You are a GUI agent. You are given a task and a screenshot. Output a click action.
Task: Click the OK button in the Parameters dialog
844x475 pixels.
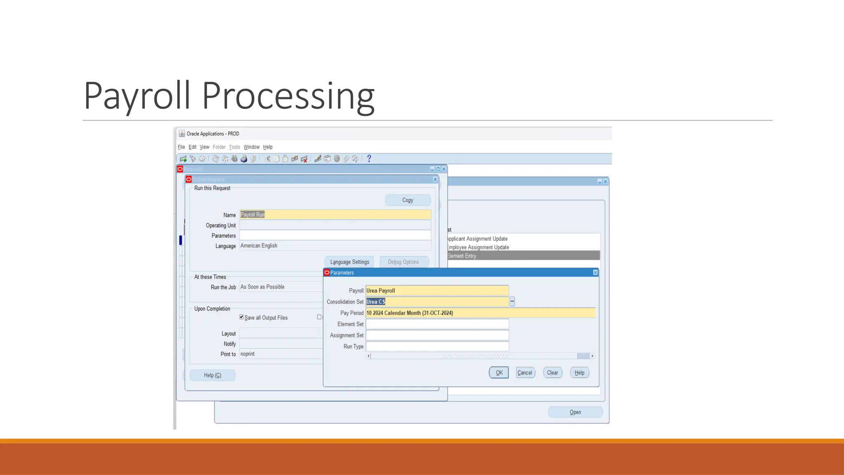499,373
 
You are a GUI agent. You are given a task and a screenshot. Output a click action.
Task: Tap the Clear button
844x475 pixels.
552,373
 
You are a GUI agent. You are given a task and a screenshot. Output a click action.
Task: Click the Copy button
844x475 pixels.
408,200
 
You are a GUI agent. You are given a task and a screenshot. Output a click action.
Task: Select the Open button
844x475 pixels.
575,412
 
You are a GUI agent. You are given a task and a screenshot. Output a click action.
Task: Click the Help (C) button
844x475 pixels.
212,375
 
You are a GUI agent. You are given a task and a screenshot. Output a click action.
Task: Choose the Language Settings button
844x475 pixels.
349,262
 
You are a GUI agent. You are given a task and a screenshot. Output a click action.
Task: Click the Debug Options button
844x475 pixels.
403,262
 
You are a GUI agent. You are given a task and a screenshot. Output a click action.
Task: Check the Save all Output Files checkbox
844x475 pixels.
241,317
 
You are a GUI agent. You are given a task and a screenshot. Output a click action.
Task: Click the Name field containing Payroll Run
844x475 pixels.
335,215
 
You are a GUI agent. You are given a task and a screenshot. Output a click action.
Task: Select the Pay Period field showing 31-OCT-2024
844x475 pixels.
480,313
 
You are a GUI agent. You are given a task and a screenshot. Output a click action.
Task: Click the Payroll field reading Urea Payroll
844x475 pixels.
437,291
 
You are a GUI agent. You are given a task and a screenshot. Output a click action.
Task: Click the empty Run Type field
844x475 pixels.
437,346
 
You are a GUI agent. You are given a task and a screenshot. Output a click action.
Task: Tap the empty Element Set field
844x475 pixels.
437,324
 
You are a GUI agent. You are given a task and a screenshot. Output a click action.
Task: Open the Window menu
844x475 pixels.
251,147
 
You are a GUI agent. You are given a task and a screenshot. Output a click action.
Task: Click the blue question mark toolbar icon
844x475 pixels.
369,158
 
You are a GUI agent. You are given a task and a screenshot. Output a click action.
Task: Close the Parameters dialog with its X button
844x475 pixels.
595,273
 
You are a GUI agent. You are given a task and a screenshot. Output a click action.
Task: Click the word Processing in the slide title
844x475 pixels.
288,96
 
